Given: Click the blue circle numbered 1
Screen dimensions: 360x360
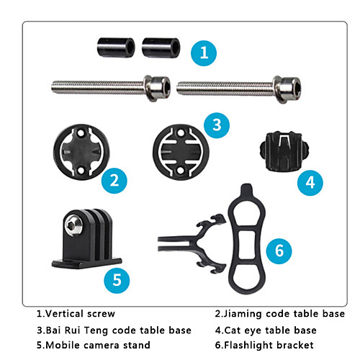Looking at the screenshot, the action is (x=204, y=53).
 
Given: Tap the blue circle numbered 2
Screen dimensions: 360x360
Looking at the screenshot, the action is (x=114, y=181).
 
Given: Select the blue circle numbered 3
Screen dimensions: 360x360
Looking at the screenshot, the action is (x=217, y=125).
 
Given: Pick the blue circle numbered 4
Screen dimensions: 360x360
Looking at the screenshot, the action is (x=310, y=183).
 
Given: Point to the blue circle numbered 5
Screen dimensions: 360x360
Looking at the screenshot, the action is (x=117, y=280).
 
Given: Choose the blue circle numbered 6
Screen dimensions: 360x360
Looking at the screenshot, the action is (x=279, y=251).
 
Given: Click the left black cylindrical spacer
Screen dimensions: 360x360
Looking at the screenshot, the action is (x=116, y=48).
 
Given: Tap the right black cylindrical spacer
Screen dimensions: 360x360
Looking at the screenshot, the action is (x=161, y=48).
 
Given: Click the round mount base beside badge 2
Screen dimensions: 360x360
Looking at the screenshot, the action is (x=81, y=152).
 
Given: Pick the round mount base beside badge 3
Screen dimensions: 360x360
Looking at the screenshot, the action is (x=181, y=152).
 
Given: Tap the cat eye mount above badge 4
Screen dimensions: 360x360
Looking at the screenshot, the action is (x=284, y=151).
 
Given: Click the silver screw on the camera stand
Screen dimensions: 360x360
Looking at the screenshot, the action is (x=73, y=225).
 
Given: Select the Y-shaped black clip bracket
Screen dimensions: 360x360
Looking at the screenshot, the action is (x=192, y=243).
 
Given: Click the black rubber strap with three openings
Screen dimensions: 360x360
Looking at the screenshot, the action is (x=247, y=239).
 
